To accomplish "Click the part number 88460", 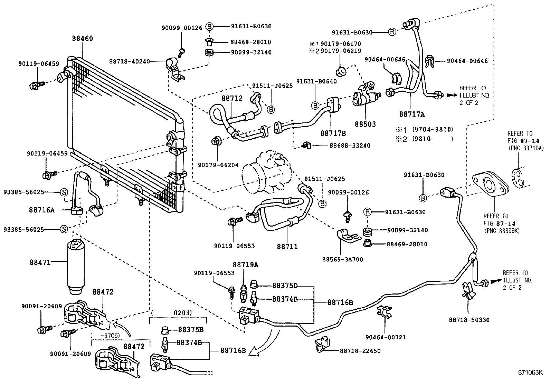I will (83, 39).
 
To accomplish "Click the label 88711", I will (287, 247).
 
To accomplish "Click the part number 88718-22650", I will (360, 351).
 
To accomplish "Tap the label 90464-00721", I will (386, 337).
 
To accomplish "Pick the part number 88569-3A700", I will (343, 259).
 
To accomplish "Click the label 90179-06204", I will (218, 165).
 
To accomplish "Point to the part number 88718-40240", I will (130, 62).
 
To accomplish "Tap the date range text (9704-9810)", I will (432, 130).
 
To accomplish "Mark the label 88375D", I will (285, 286).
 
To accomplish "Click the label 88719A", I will (245, 265).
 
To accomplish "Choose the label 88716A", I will (42, 210).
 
